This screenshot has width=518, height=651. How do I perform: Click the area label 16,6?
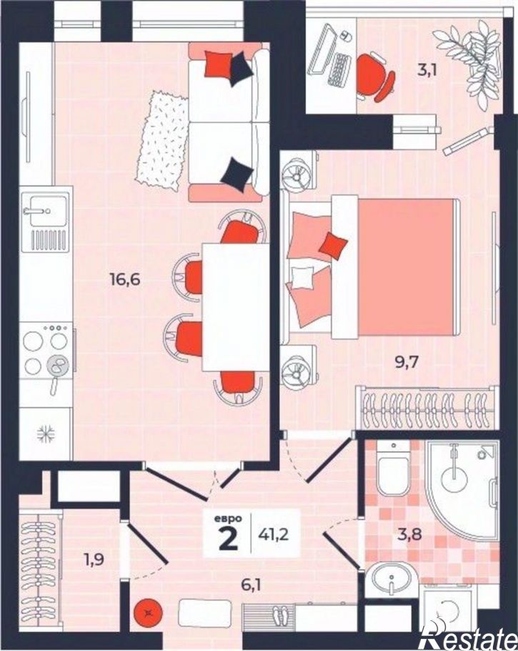click(125, 280)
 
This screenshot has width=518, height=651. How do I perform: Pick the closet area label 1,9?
click(94, 560)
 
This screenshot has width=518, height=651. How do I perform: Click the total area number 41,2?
click(274, 534)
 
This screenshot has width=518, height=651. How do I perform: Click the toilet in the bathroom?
click(393, 469)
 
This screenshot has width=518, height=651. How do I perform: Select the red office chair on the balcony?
click(374, 77)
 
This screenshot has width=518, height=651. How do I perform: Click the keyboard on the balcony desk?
click(339, 69)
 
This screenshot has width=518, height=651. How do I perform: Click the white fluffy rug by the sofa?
click(163, 140)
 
